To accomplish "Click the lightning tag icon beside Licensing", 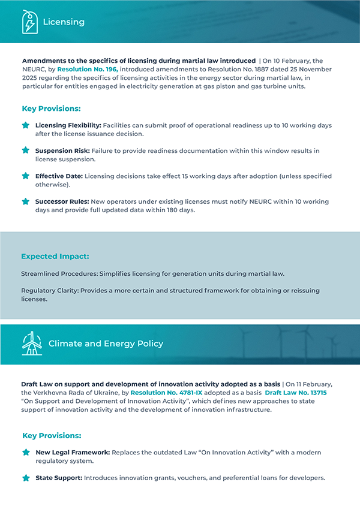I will (x=29, y=22).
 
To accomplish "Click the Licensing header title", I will (x=64, y=22).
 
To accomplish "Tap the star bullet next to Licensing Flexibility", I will (x=26, y=125).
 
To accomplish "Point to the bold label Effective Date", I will (x=58, y=176).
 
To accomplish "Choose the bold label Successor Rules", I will (x=62, y=202).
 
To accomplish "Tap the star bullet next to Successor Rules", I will (x=26, y=202).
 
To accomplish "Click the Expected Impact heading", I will (x=55, y=256).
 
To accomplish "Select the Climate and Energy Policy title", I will (x=106, y=344).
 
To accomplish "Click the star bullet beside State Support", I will (x=26, y=478).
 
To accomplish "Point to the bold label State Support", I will (x=58, y=478).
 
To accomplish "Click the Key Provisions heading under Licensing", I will (x=51, y=109).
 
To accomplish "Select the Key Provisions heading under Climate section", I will (x=51, y=435).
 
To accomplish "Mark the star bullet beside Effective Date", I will (x=26, y=176).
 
